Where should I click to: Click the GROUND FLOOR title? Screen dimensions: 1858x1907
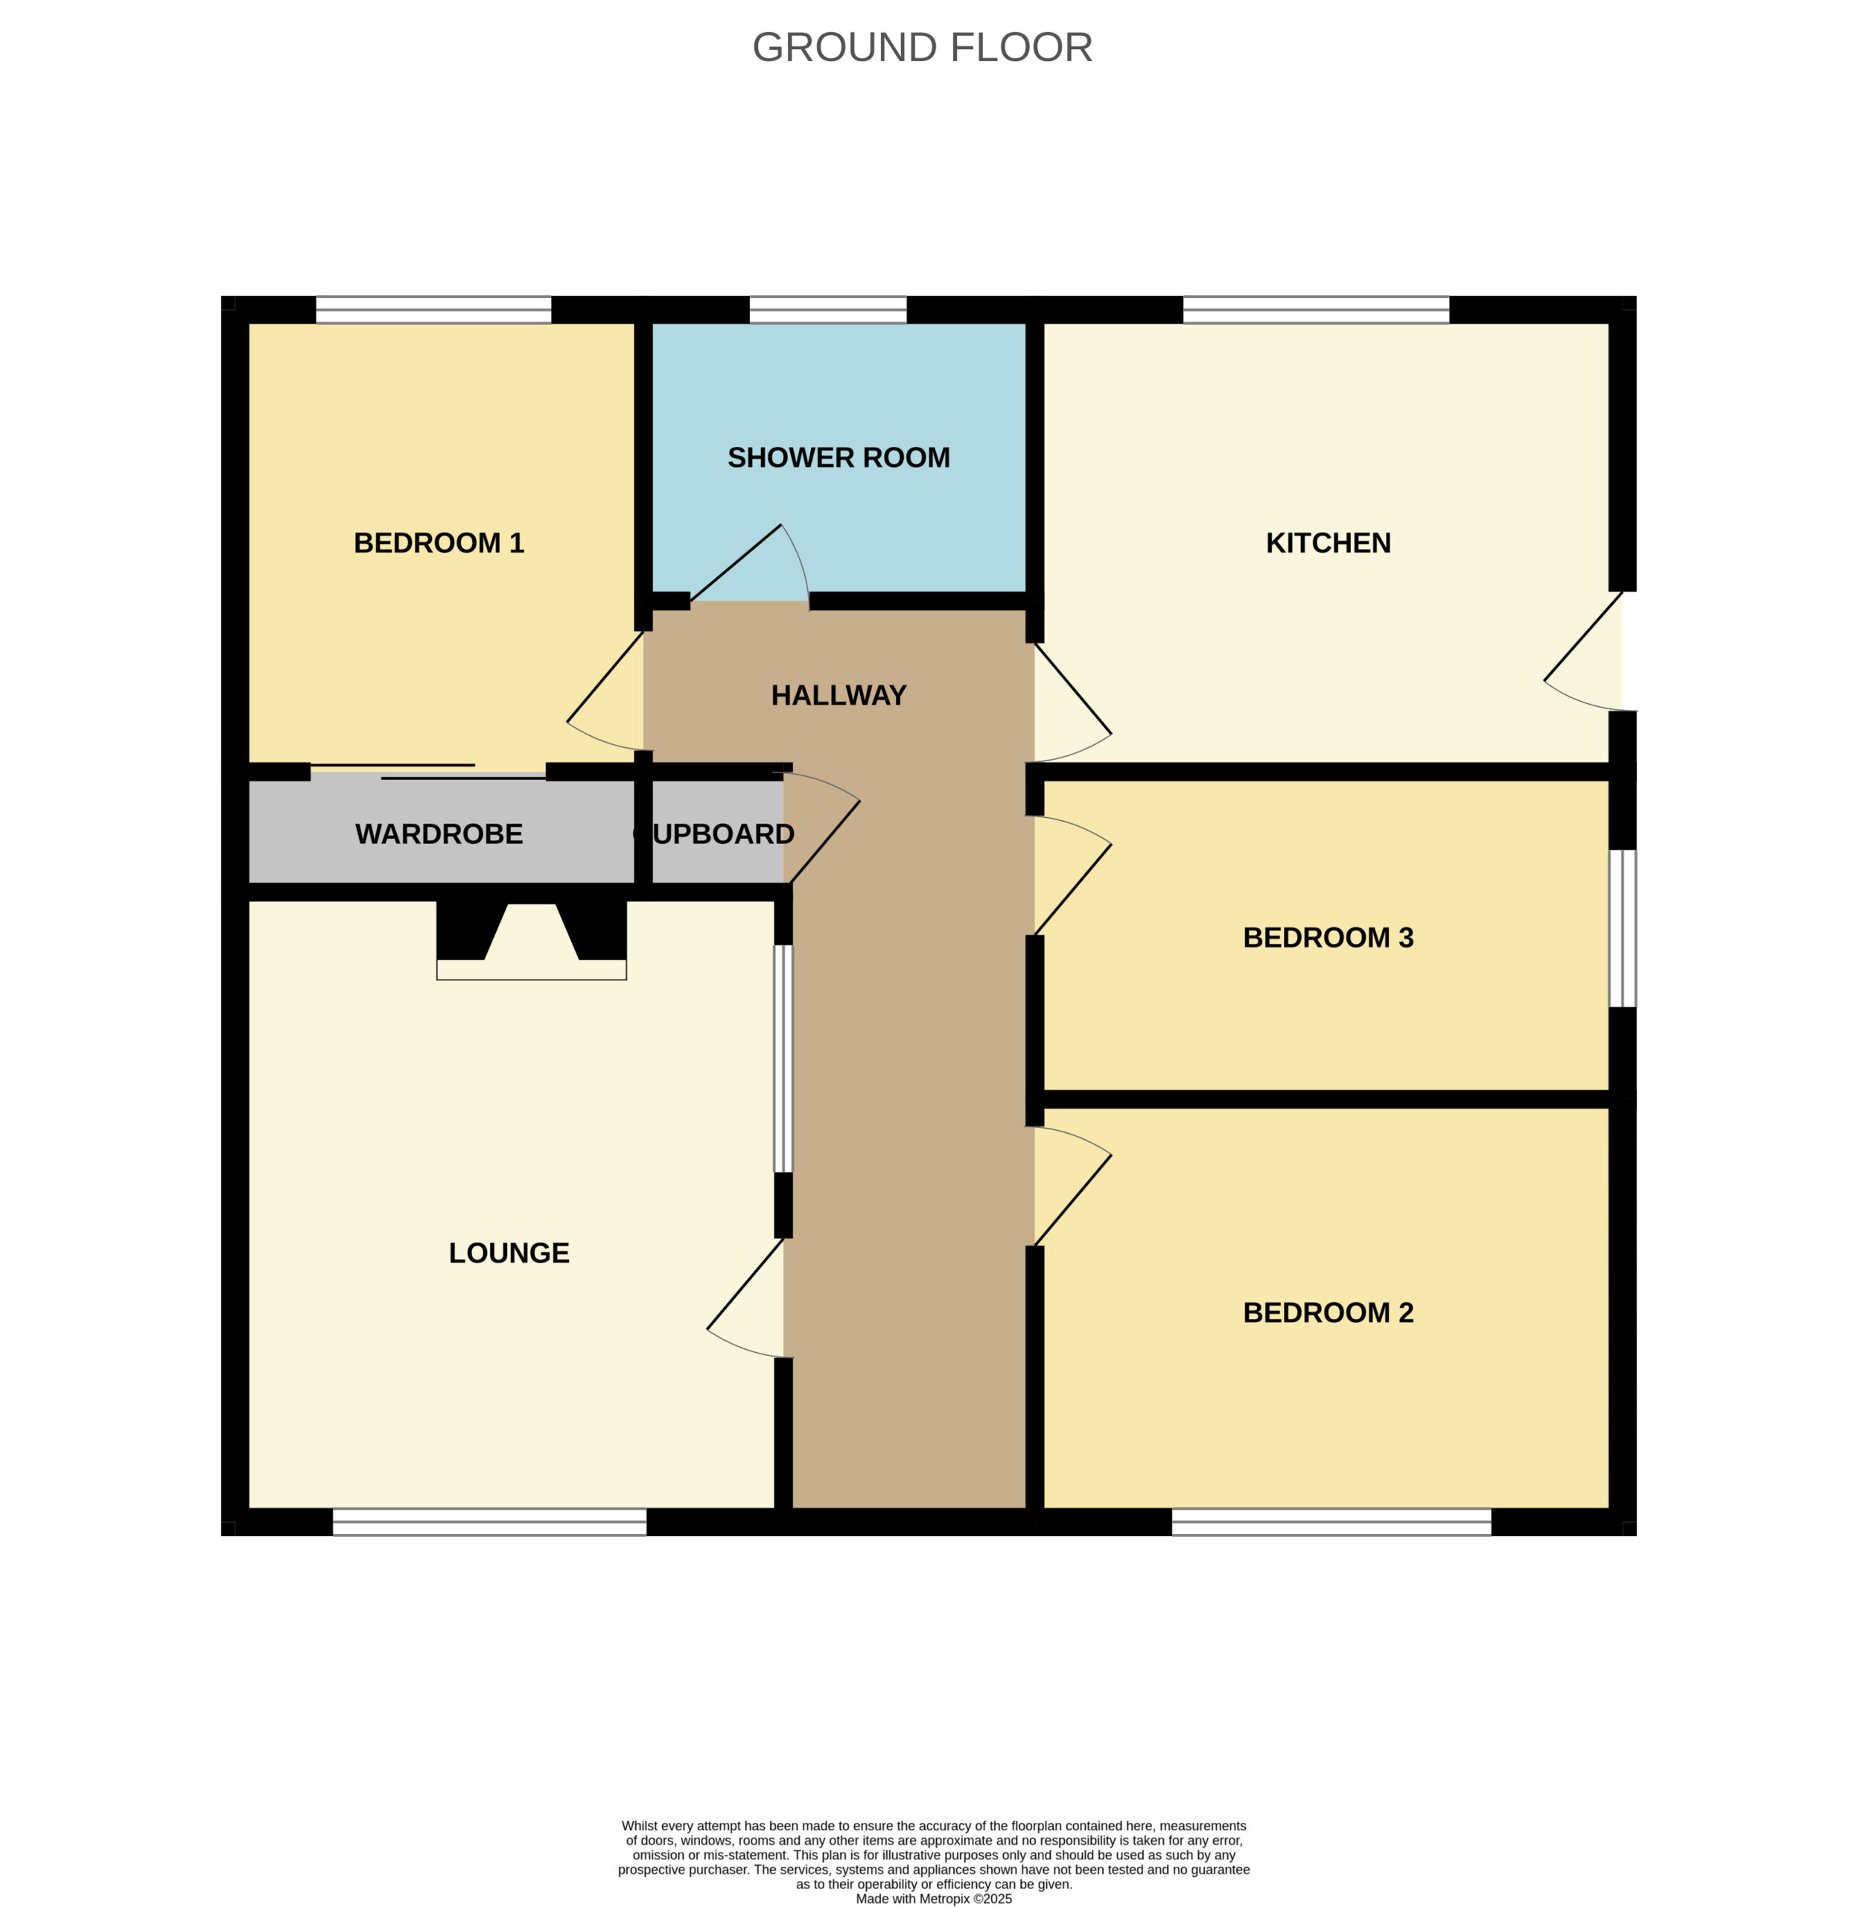(921, 47)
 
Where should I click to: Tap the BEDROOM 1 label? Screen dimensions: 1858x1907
(439, 542)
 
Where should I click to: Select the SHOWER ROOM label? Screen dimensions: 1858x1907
(839, 457)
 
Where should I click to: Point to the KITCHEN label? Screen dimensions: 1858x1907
(1328, 542)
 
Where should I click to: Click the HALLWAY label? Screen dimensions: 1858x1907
(839, 695)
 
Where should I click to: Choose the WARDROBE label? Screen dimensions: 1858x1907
(439, 834)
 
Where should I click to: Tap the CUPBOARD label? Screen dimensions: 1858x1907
(713, 834)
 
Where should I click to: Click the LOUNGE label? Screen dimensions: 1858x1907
(509, 1252)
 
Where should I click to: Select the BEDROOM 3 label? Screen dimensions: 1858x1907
(1328, 937)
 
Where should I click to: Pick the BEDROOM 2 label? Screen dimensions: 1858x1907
(1328, 1312)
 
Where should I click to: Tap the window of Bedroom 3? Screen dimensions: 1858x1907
(1622, 928)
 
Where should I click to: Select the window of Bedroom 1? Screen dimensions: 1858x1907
(433, 309)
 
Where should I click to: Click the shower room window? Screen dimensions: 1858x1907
(827, 309)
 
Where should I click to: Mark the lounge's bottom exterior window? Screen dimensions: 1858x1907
(489, 1521)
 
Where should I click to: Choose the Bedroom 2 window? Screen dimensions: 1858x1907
(1331, 1521)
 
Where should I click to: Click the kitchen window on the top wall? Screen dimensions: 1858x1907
(1315, 309)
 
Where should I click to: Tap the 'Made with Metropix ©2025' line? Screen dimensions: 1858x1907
(934, 1898)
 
